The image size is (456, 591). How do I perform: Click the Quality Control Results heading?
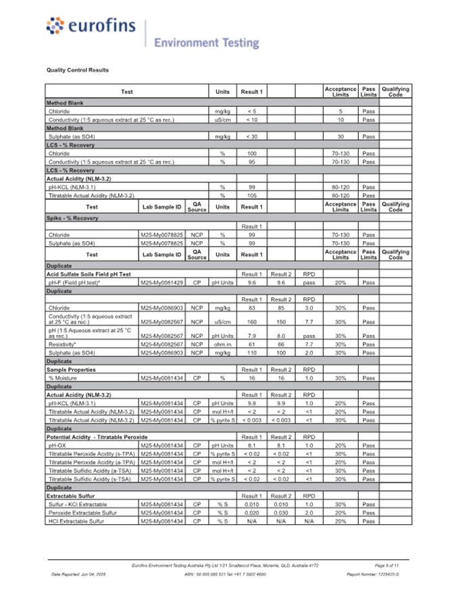click(78, 70)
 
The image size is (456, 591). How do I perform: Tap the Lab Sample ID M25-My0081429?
click(161, 282)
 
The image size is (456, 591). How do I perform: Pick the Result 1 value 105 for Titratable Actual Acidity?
click(251, 195)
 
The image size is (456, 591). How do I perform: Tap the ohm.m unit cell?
click(222, 344)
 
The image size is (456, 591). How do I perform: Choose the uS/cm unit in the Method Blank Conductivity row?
click(222, 120)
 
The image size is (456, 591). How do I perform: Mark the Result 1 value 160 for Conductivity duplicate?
click(251, 322)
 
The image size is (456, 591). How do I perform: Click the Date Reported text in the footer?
click(79, 573)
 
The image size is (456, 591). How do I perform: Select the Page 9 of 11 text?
click(386, 564)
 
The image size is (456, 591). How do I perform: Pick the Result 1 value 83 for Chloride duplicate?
click(251, 307)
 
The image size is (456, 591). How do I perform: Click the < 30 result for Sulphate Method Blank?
click(251, 136)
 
